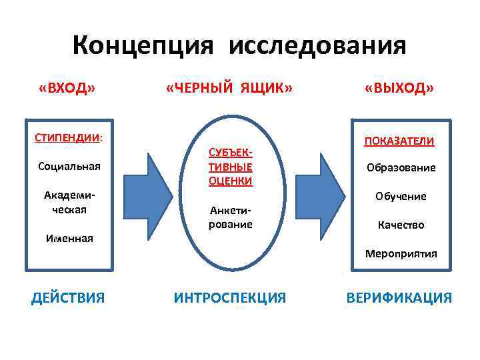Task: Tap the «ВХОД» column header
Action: click(67, 89)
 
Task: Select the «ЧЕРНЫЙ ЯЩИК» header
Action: click(229, 89)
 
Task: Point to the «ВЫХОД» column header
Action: click(399, 89)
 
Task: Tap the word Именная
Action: click(69, 238)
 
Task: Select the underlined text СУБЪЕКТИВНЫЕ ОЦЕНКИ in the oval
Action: click(230, 167)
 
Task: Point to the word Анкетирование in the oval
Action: click(230, 218)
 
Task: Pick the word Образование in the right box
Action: click(401, 167)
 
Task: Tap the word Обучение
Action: click(401, 197)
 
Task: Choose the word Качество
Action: click(401, 225)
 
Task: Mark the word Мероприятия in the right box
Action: click(401, 253)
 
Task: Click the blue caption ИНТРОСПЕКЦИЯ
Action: click(230, 298)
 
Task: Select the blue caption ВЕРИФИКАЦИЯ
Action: click(399, 298)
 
